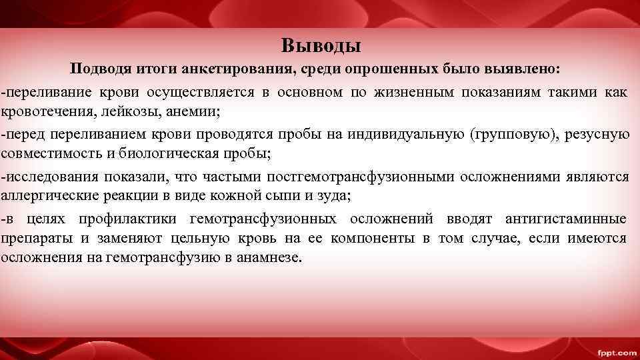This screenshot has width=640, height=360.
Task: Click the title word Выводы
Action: (x=321, y=45)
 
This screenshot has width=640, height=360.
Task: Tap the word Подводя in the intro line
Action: (x=98, y=69)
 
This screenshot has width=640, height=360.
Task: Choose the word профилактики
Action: (x=127, y=219)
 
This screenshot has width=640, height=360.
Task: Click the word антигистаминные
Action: (x=565, y=219)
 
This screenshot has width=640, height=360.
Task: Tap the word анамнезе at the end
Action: (x=269, y=258)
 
